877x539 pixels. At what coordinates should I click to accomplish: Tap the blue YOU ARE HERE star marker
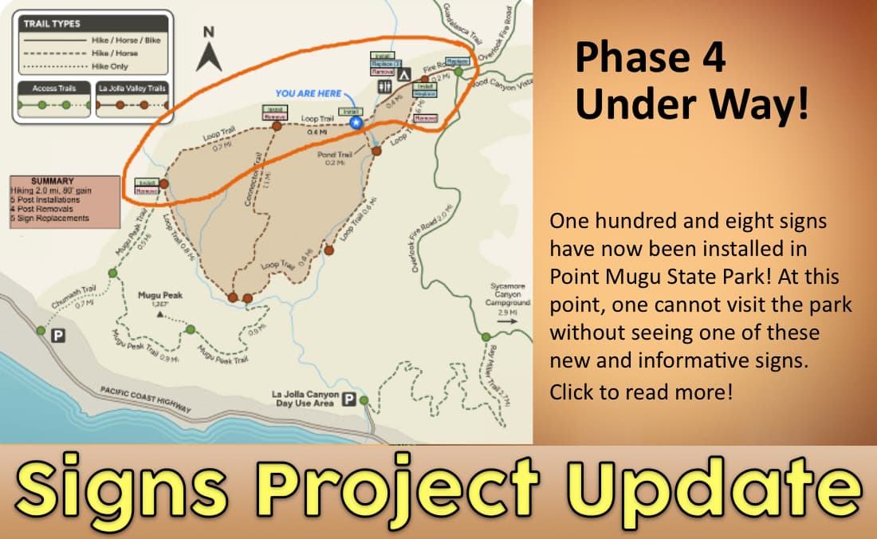pos(356,123)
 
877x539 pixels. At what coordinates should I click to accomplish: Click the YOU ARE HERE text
pos(309,93)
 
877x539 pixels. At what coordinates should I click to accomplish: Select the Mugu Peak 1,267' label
pos(160,299)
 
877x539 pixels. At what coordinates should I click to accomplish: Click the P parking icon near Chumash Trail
pos(57,336)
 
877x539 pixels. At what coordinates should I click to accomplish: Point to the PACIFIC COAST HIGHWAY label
pos(146,399)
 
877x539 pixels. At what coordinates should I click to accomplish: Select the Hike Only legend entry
pos(111,65)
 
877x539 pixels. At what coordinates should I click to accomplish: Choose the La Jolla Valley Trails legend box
pos(132,100)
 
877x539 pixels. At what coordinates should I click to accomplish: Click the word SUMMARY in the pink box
pos(52,182)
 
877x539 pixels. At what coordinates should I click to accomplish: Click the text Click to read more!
pos(641,392)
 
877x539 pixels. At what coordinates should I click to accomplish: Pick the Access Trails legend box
pos(54,100)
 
